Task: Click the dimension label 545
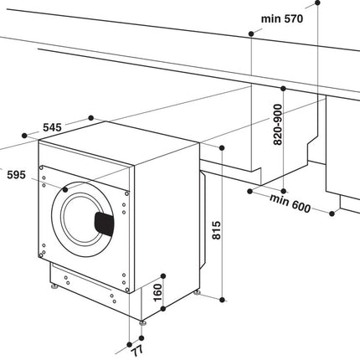[x=52, y=127]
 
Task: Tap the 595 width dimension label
[x=16, y=175]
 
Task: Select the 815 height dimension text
[x=216, y=230]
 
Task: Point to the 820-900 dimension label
[x=278, y=125]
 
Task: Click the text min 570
[x=282, y=19]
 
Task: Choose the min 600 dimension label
[x=290, y=203]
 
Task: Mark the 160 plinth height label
[x=158, y=292]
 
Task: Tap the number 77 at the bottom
[x=137, y=350]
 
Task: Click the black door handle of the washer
[x=105, y=224]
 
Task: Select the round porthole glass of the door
[x=82, y=219]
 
